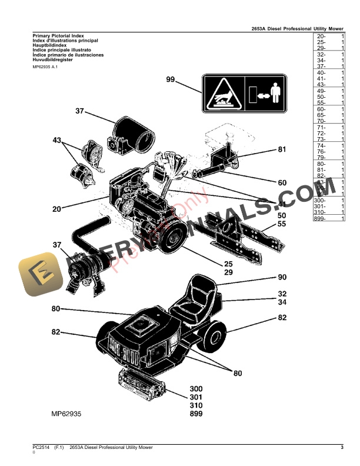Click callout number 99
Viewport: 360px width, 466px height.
click(171, 80)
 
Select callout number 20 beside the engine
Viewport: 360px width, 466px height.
click(56, 209)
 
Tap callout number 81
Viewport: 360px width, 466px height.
click(282, 149)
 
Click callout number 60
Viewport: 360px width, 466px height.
click(282, 182)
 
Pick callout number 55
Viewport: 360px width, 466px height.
click(282, 225)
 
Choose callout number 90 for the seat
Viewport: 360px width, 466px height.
click(282, 278)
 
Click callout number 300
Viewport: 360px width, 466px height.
click(196, 389)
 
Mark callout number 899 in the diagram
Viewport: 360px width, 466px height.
click(196, 414)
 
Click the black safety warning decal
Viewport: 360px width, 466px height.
click(244, 94)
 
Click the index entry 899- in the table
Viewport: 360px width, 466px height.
click(321, 218)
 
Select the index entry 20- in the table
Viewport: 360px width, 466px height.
click(321, 36)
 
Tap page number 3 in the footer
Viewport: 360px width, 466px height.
click(342, 448)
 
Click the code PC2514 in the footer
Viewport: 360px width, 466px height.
click(41, 448)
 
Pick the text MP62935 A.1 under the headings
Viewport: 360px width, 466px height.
click(45, 67)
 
